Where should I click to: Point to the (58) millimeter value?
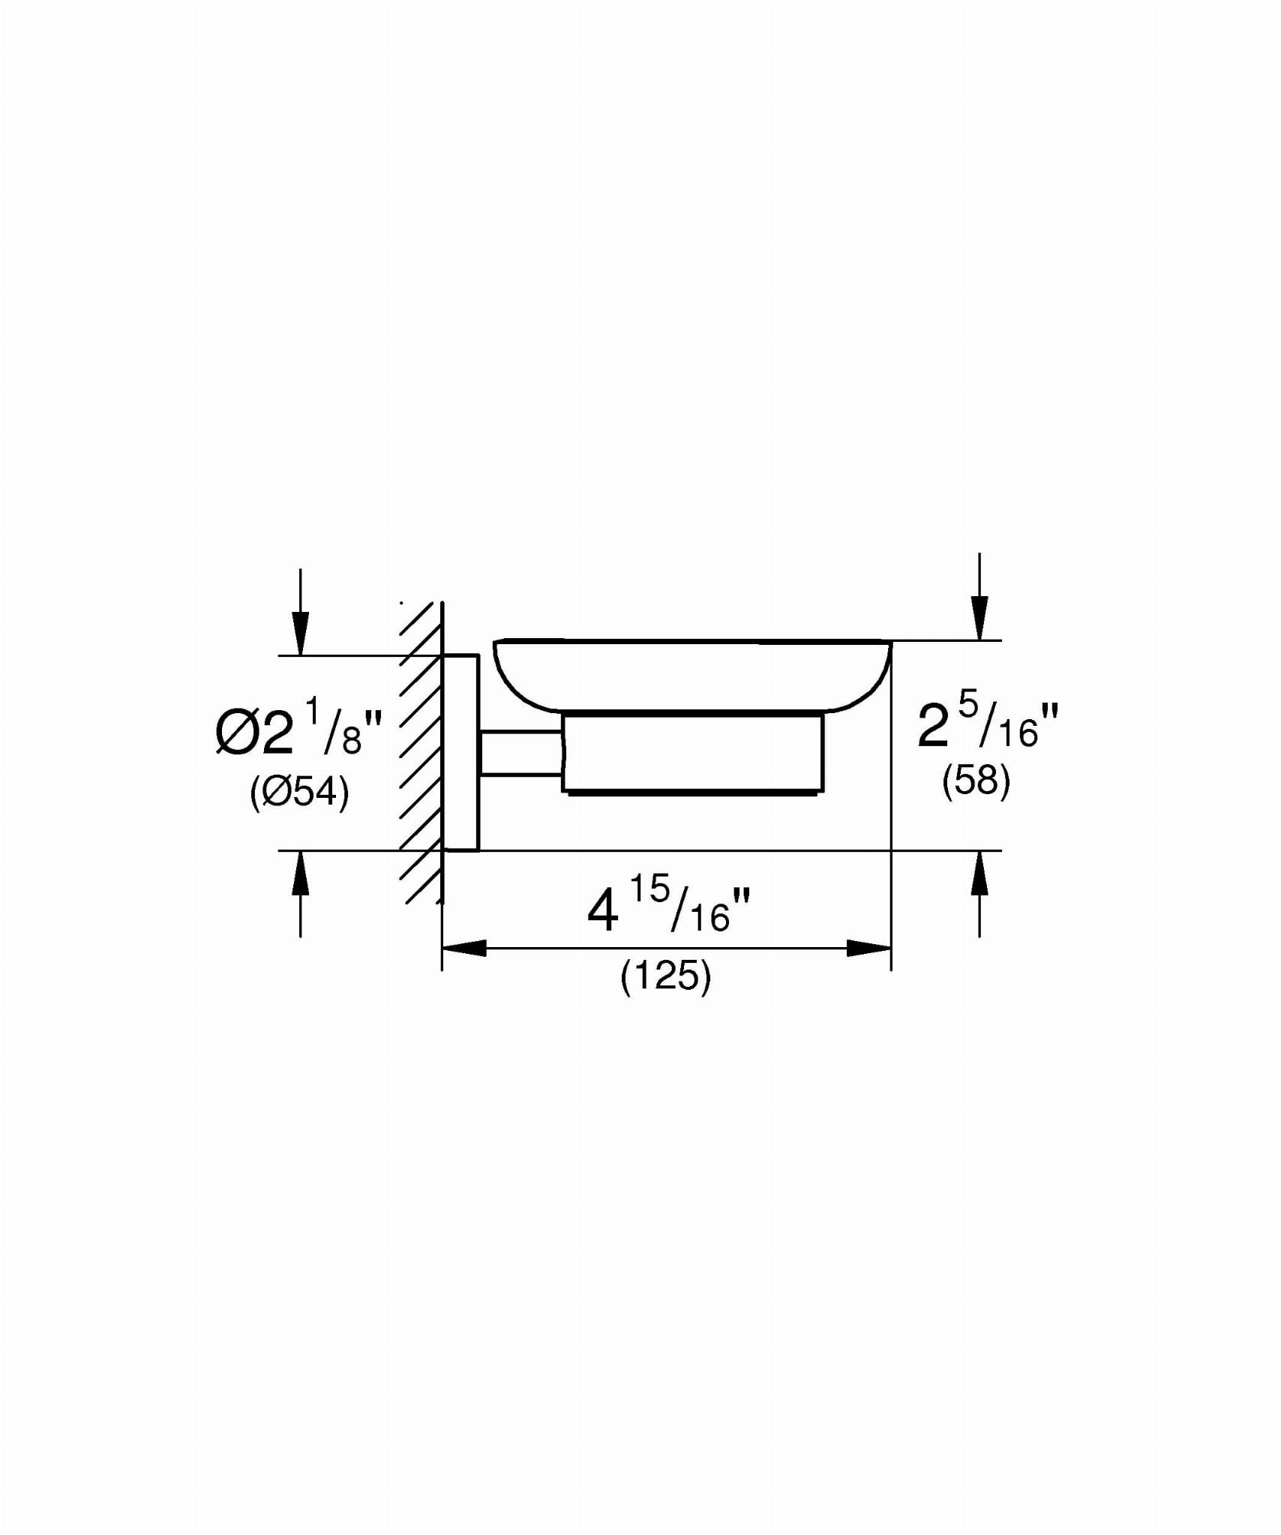point(976,782)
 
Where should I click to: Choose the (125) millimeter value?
point(666,978)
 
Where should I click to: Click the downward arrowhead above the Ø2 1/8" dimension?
point(300,633)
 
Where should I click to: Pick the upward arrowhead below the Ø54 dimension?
point(300,873)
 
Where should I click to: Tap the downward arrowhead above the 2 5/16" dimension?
point(979,618)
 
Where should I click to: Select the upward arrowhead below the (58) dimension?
point(979,873)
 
